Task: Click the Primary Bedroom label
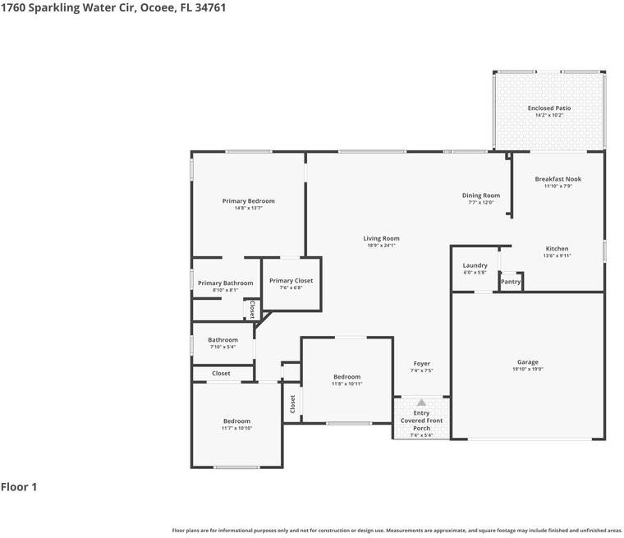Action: click(x=248, y=201)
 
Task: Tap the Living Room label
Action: click(x=381, y=239)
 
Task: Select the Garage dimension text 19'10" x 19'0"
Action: click(x=528, y=370)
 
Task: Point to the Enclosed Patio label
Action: click(x=548, y=108)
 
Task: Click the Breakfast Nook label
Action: click(x=557, y=179)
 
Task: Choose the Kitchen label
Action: click(x=557, y=249)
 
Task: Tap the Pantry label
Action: click(x=511, y=282)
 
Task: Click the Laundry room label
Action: click(x=475, y=265)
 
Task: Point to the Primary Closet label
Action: click(x=291, y=281)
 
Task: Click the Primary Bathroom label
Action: click(x=225, y=283)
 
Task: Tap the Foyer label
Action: click(x=421, y=364)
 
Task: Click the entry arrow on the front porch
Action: click(x=421, y=402)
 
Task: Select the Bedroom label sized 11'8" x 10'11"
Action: click(x=346, y=377)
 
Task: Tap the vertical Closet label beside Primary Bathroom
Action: click(x=252, y=309)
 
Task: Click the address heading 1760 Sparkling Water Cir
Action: click(x=113, y=7)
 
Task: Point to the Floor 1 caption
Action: click(x=19, y=487)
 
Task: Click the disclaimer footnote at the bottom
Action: click(x=397, y=531)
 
